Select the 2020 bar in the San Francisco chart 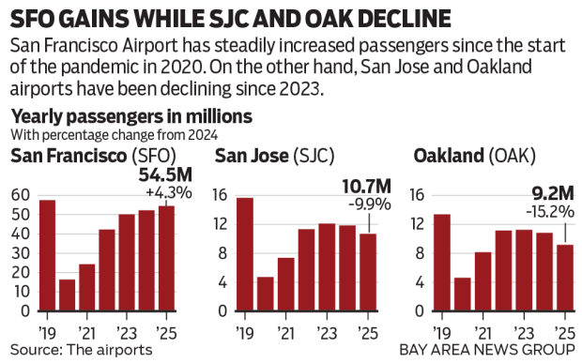click(67, 295)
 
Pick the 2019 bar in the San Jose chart click(244, 254)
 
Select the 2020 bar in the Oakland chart click(463, 294)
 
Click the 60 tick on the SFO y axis click(19, 195)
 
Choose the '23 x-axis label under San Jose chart click(326, 332)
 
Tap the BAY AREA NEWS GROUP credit click(486, 350)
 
